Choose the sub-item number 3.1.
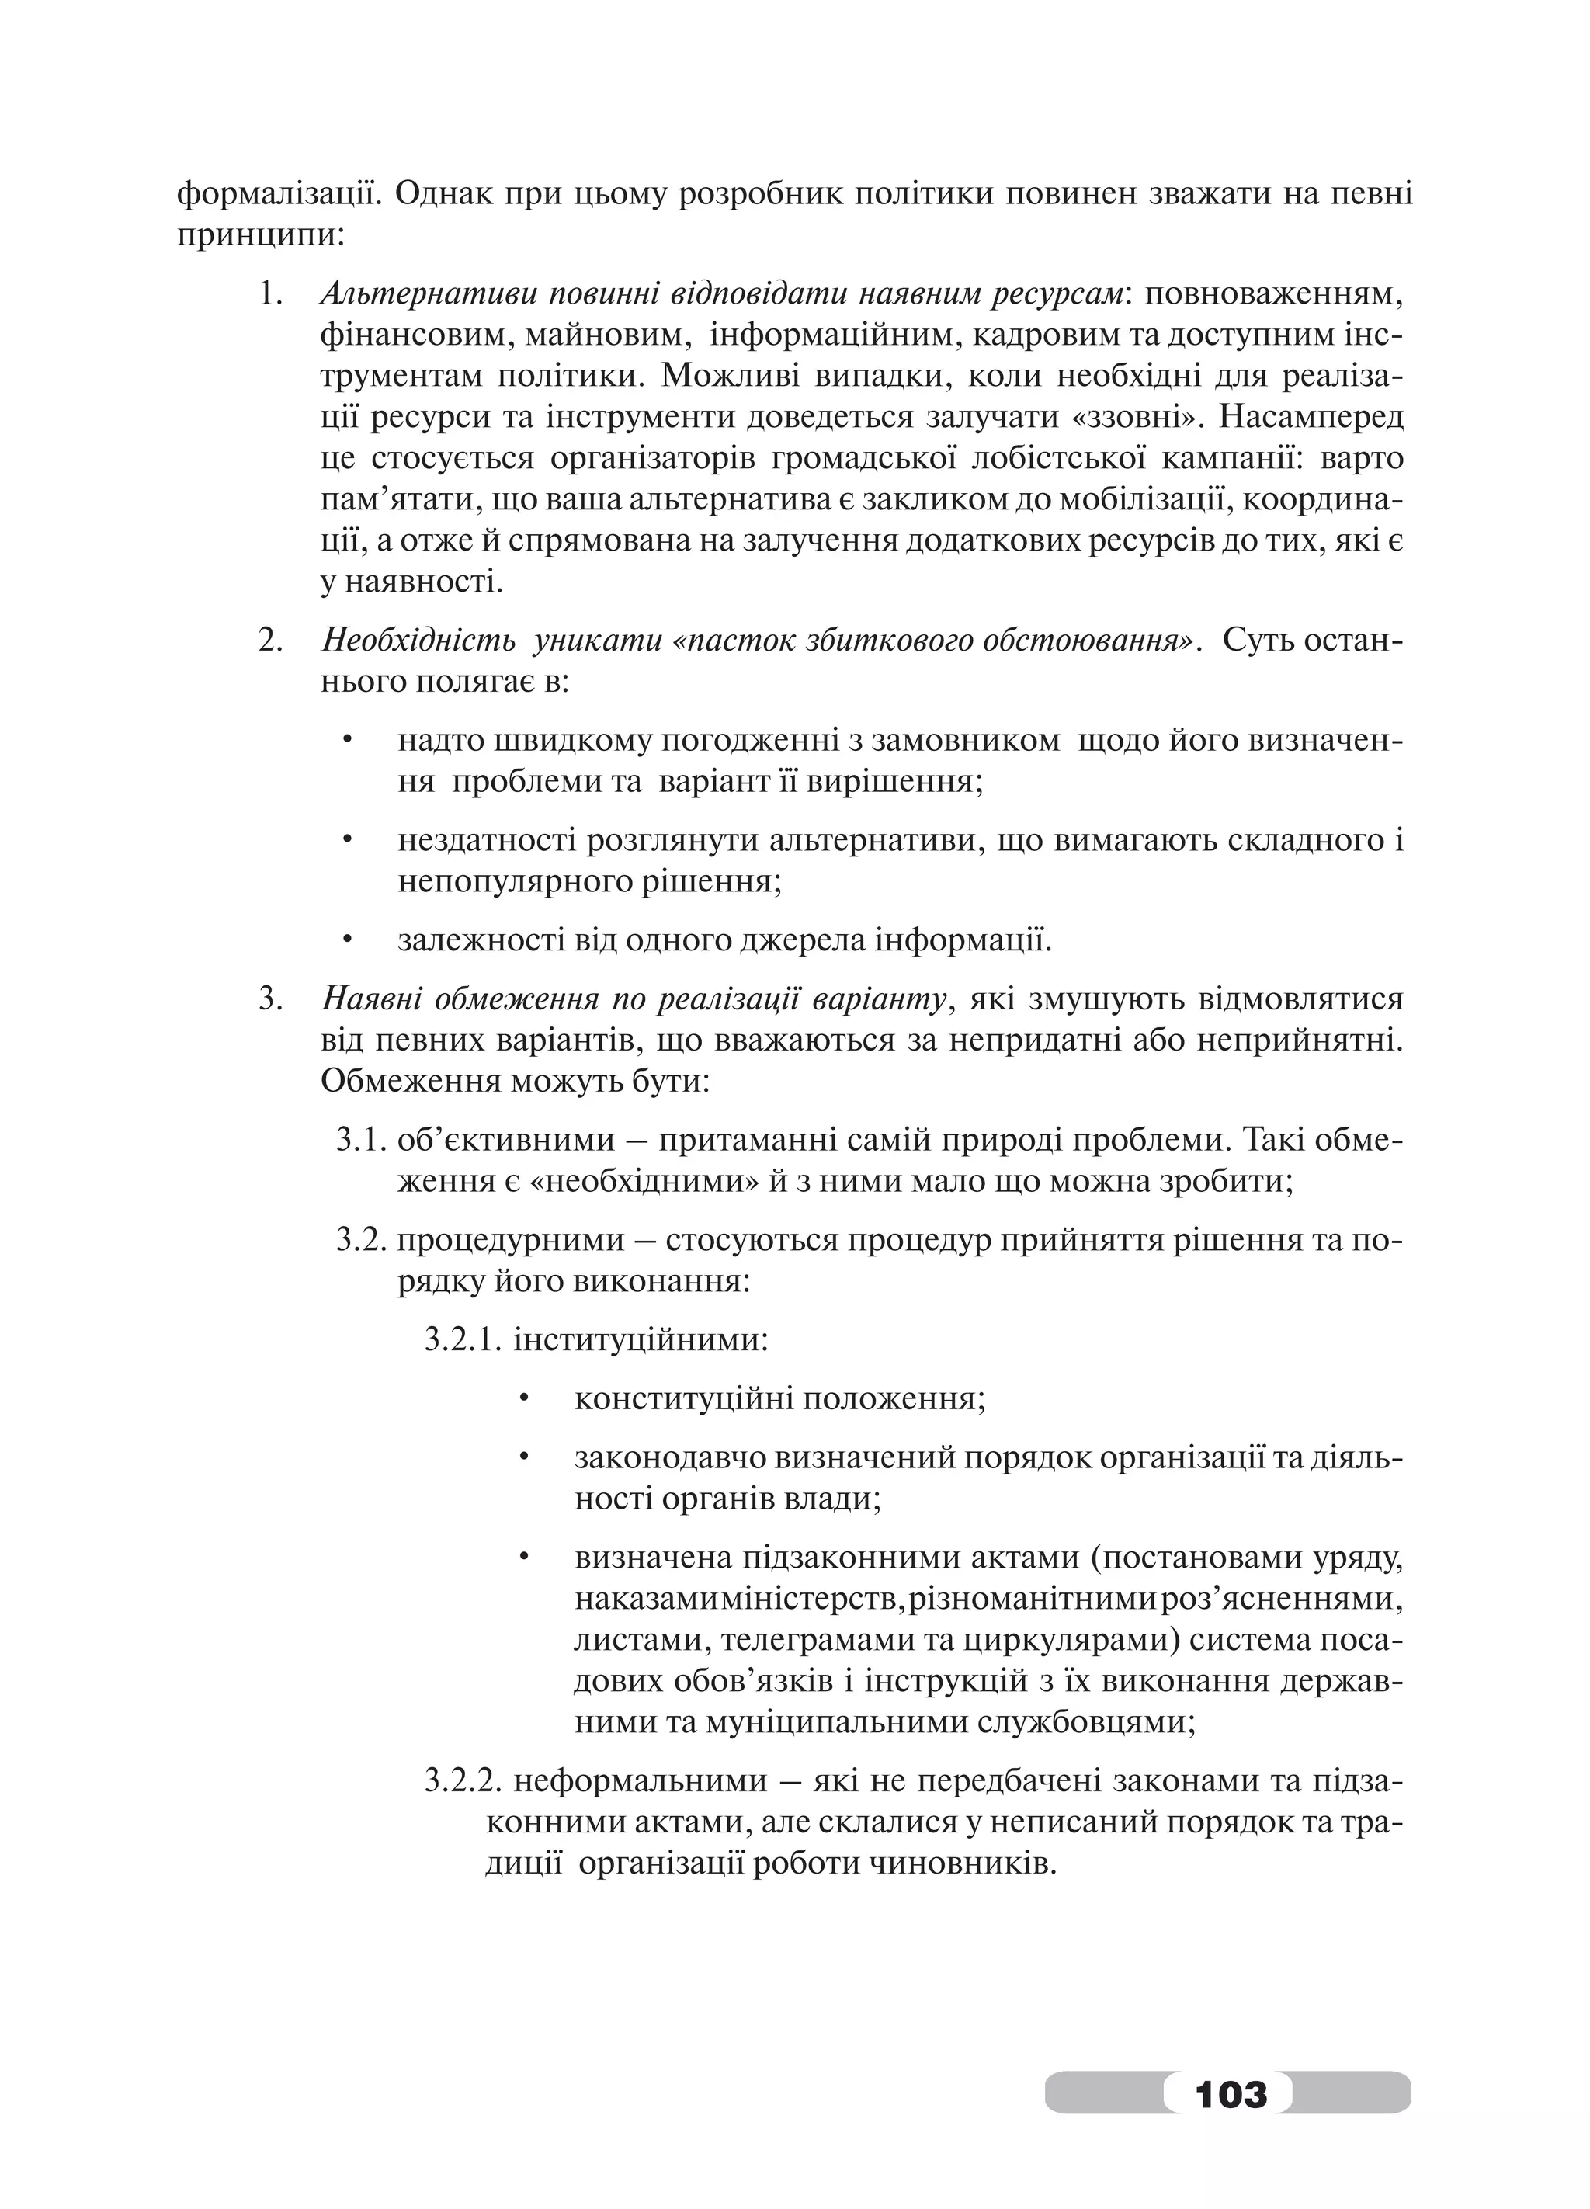click(x=363, y=1140)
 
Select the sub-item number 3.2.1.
click(x=463, y=1340)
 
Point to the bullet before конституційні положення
click(x=522, y=1400)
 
